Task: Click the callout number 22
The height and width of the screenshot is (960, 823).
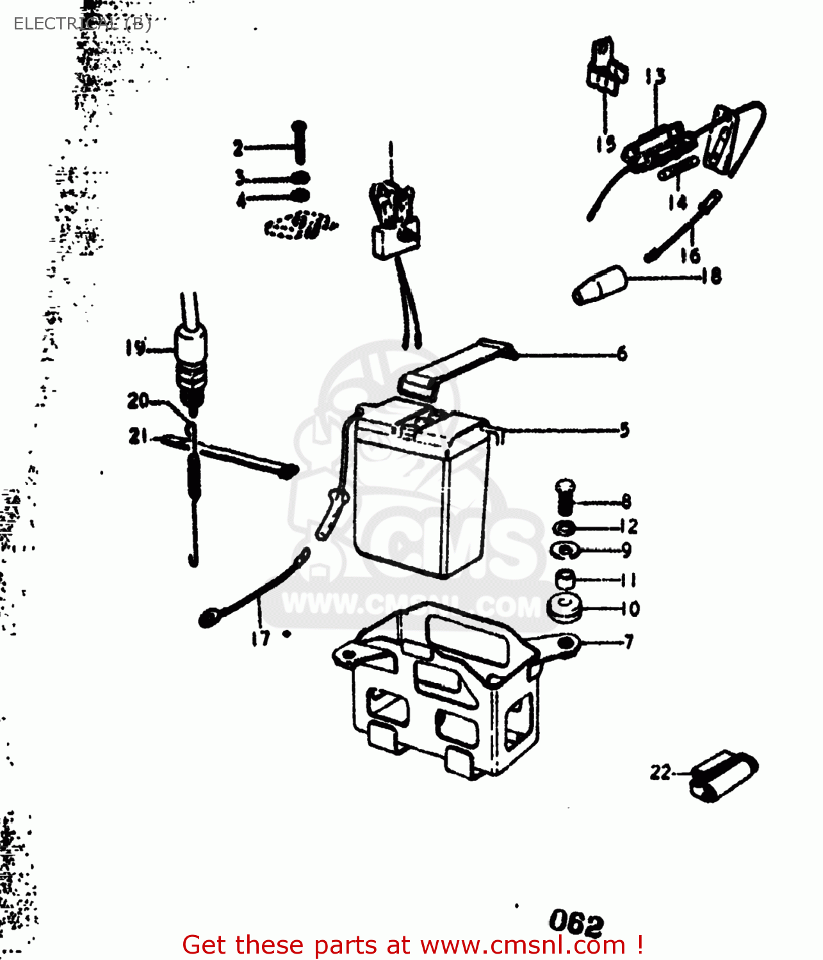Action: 660,772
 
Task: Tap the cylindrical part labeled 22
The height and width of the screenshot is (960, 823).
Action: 723,775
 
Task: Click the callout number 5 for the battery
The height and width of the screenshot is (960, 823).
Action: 624,429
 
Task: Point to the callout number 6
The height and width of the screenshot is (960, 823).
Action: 622,353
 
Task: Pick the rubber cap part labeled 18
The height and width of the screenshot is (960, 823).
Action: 599,285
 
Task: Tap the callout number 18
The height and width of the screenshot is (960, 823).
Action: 712,276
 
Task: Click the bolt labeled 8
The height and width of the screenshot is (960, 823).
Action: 564,497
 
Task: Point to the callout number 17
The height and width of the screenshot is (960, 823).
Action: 261,638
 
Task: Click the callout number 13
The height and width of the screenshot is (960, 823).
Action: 655,77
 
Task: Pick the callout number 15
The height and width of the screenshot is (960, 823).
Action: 605,143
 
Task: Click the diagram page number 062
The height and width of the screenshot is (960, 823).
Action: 576,922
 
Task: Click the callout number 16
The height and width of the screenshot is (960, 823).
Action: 690,255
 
